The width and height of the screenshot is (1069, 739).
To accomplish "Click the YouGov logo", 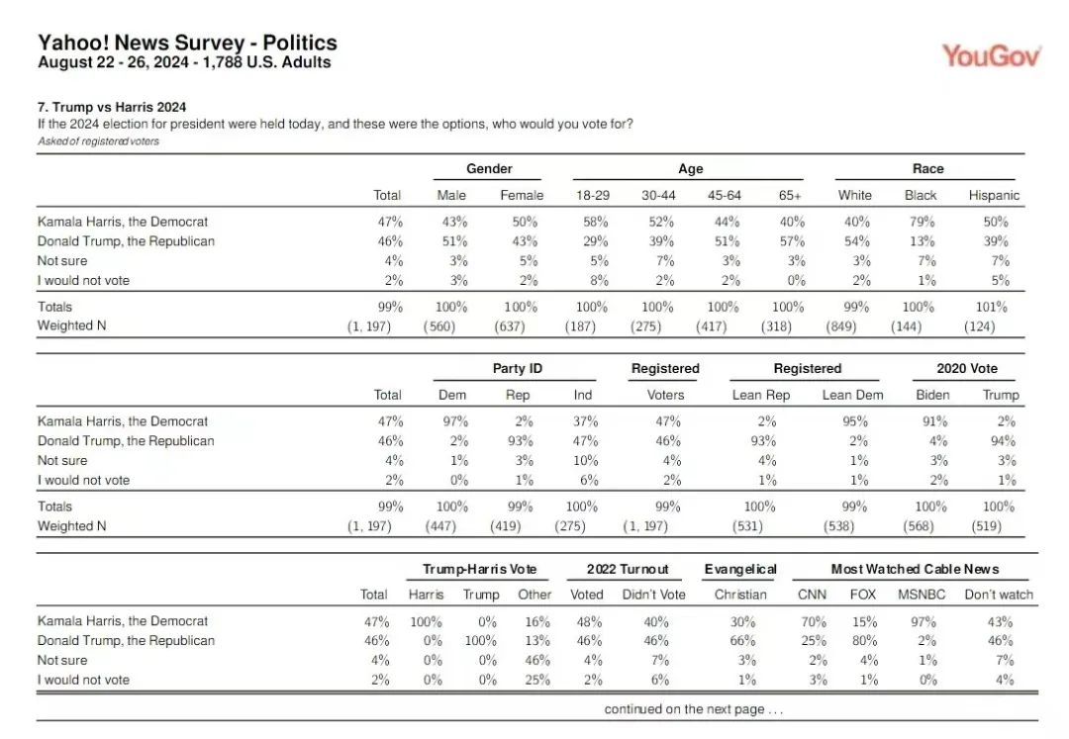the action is click(991, 55).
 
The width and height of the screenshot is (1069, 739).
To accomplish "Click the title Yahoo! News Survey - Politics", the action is click(187, 43).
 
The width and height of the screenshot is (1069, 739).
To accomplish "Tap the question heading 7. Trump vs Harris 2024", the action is click(112, 107).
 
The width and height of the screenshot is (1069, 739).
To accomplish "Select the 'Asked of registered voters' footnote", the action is click(98, 141).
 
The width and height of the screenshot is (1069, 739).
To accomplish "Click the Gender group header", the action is click(489, 169).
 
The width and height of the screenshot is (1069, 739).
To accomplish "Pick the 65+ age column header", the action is click(790, 196).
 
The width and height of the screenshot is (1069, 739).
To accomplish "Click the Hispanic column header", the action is click(994, 196).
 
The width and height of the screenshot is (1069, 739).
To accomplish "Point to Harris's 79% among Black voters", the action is click(922, 222).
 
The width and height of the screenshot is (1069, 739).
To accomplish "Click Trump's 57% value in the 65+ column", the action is click(792, 241).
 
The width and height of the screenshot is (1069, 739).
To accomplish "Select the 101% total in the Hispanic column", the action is click(991, 308).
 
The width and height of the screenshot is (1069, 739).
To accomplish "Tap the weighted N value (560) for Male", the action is click(439, 326).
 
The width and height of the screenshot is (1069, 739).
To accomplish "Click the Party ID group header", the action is click(518, 368).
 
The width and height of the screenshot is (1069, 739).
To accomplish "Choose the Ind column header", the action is click(583, 395).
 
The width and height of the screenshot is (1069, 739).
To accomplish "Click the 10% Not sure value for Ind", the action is click(586, 460).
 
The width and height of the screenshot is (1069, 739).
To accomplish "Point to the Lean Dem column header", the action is click(852, 395).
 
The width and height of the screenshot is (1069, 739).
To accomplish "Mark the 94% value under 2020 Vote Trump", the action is click(1004, 440).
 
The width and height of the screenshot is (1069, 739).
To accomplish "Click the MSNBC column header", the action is click(922, 595).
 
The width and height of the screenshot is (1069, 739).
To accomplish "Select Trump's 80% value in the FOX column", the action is click(864, 641).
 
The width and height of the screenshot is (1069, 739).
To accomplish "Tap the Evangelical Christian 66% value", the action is click(742, 641).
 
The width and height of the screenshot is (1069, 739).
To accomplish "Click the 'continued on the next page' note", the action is click(693, 709).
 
